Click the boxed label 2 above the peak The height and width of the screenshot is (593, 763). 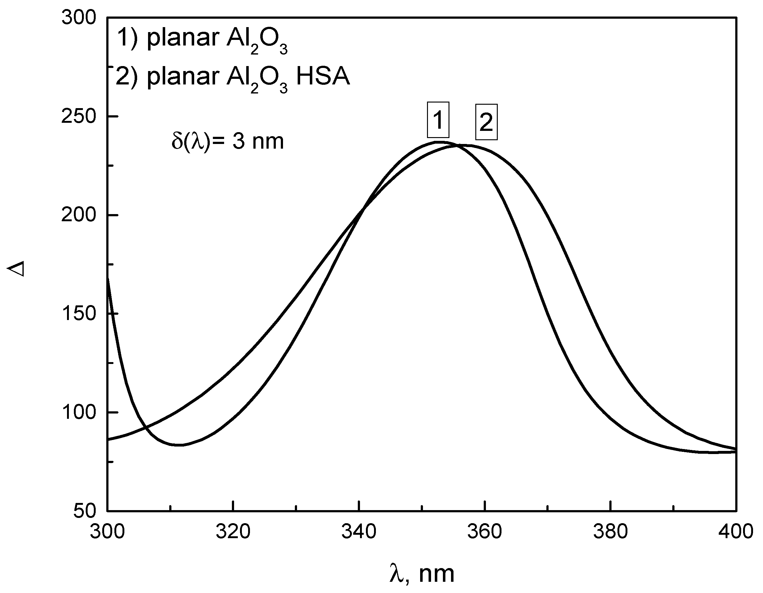coord(486,122)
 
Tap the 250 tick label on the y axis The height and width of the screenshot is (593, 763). coord(78,116)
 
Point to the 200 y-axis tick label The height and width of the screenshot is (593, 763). coord(78,215)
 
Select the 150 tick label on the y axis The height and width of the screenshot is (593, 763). coord(78,313)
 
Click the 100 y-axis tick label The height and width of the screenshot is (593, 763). coord(78,412)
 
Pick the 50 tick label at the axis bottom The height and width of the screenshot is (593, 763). coord(84,511)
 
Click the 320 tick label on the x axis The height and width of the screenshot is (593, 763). coord(233,532)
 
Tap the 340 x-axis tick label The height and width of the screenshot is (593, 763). coord(359,532)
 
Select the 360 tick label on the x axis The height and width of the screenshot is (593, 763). coord(485,532)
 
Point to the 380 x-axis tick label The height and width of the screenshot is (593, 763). coord(610,532)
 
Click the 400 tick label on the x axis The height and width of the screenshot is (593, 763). coord(735,532)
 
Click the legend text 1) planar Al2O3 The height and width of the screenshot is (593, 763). coord(202,39)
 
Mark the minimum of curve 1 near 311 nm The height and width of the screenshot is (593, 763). coord(179,445)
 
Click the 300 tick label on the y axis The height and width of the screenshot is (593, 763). coord(78,17)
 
